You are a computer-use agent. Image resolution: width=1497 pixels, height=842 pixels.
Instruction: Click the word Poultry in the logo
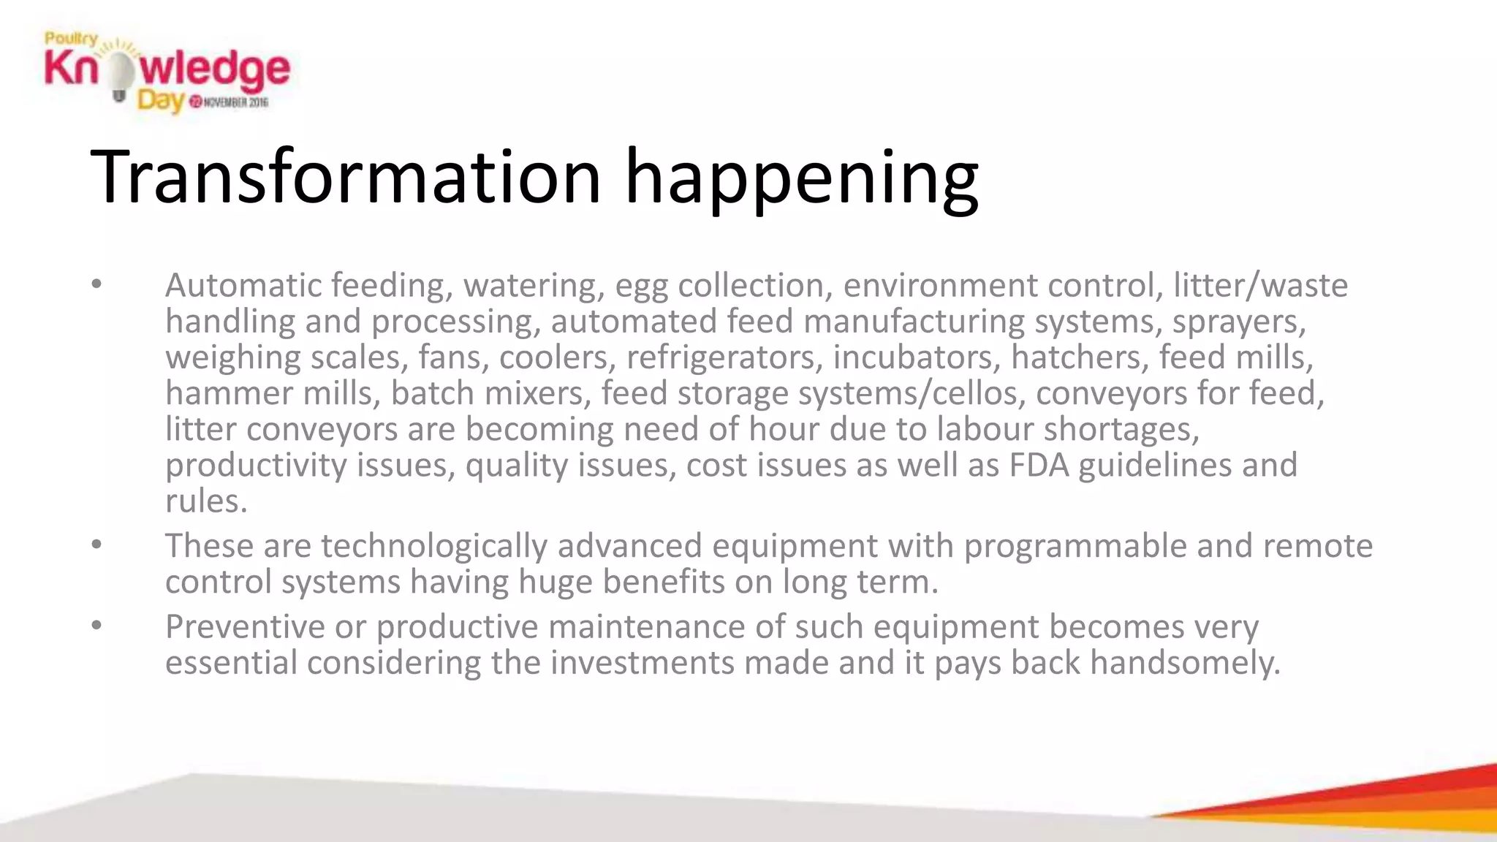71,39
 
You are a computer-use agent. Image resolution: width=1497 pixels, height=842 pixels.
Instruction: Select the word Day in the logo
159,100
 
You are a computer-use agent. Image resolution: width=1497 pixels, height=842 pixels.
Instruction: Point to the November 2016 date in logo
230,102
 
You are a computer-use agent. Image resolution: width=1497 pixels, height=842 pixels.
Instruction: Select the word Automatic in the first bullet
243,285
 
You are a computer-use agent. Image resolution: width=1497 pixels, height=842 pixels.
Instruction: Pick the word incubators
917,357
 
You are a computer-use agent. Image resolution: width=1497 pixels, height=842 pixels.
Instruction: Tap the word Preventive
245,626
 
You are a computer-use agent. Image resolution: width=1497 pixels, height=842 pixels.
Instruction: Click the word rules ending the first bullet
205,501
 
